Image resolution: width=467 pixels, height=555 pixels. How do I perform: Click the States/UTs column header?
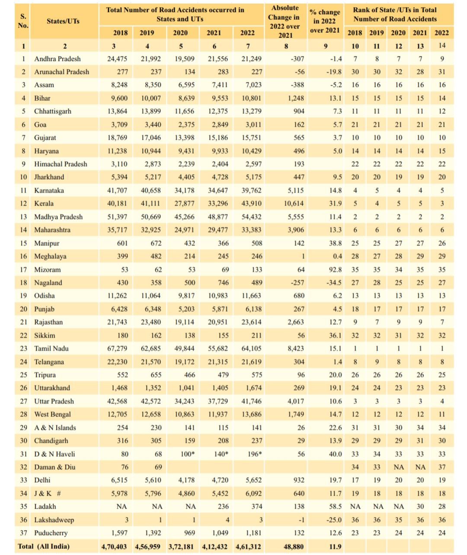[63, 21]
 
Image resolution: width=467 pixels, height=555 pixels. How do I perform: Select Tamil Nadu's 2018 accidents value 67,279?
[117, 348]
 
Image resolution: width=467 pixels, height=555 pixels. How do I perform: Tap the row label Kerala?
[44, 203]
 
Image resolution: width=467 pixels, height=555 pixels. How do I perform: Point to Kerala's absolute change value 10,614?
[294, 203]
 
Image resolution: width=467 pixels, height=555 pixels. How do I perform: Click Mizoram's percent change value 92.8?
[335, 270]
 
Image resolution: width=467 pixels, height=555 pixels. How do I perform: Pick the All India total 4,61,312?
[248, 546]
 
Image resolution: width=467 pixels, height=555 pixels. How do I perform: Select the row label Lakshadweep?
[54, 520]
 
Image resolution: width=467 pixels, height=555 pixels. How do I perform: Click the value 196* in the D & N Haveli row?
[254, 454]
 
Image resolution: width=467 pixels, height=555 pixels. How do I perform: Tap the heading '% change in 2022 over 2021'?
[325, 21]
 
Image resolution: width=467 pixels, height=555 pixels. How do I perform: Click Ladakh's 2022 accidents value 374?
[256, 507]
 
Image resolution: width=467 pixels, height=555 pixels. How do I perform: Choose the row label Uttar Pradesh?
[54, 401]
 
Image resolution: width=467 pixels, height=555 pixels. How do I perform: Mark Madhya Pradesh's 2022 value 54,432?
[251, 216]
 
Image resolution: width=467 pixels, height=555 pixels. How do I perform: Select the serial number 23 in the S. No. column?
[24, 348]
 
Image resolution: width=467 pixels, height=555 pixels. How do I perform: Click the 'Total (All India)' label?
[44, 546]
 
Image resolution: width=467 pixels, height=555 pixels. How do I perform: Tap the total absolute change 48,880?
[294, 546]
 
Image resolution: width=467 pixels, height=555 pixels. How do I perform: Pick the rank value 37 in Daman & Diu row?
[442, 467]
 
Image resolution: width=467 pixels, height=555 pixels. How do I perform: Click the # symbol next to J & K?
[59, 494]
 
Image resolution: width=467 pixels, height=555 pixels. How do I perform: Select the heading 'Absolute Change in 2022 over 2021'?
[285, 22]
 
